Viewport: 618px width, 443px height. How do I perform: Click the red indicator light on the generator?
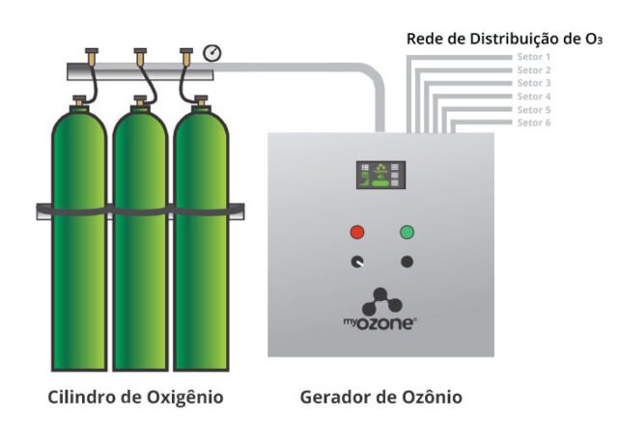point(357,232)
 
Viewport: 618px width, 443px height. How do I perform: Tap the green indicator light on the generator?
point(407,232)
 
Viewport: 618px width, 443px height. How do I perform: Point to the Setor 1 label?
point(533,57)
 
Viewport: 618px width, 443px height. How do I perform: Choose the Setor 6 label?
point(533,123)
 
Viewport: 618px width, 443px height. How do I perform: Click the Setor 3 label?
point(533,83)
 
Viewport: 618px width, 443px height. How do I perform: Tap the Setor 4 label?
point(533,97)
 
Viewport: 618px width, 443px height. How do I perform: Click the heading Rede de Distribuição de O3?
point(504,39)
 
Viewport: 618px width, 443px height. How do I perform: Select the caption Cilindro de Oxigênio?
point(136,397)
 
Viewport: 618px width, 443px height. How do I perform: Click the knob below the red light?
point(357,262)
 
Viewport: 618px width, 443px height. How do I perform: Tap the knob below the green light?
point(407,262)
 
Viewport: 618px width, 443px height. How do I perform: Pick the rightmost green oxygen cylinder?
point(200,241)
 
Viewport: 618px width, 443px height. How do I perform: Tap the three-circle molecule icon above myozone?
point(381,299)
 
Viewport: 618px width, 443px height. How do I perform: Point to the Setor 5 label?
point(533,109)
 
